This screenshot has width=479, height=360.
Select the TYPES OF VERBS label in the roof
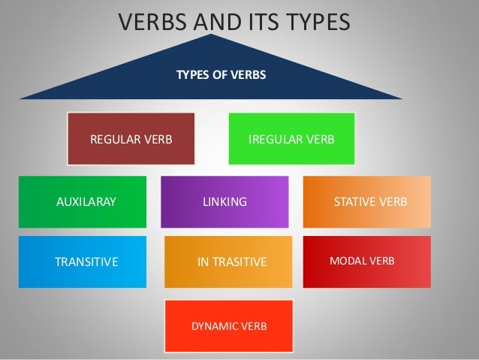[x=221, y=75]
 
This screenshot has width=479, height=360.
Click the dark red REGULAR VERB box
[x=131, y=139]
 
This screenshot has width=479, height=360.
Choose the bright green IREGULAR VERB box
[x=291, y=139]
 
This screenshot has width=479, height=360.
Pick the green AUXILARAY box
[x=83, y=201]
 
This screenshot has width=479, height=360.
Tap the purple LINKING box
[x=224, y=201]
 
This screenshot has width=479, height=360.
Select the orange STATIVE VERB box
[x=367, y=201]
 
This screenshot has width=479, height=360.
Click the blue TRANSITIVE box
[x=83, y=262]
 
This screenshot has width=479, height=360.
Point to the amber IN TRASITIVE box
[x=228, y=262]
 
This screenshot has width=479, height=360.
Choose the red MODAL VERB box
[x=367, y=262]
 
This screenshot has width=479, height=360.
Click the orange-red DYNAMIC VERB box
[x=228, y=326]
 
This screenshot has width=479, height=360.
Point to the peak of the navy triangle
[x=212, y=35]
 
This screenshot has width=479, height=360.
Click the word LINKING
[x=225, y=202]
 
